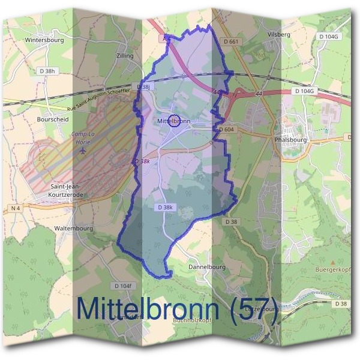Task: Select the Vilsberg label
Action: [280, 35]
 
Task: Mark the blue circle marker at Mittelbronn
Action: [175, 121]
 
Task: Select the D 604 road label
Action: [227, 130]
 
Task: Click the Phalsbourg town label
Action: [289, 139]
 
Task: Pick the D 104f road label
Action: [122, 286]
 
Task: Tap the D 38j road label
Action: [144, 87]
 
